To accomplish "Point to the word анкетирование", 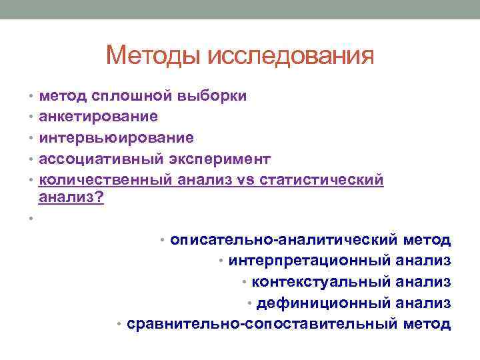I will [99, 117].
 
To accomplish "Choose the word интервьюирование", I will [117, 138].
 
